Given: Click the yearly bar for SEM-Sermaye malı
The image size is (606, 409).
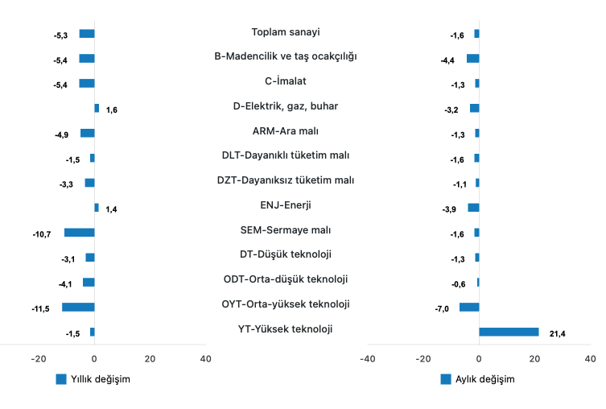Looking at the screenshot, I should click(80, 233).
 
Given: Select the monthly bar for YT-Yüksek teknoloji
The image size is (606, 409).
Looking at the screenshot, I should click(509, 332).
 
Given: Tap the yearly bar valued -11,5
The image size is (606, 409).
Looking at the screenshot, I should click(78, 307).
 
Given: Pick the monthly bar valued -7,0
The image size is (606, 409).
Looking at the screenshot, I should click(469, 307).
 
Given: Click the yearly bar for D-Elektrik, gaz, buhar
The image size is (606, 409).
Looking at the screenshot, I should click(97, 108).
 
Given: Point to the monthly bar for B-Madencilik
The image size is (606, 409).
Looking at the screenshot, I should click(472, 58).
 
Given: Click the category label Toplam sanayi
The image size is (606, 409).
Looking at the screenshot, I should click(286, 32).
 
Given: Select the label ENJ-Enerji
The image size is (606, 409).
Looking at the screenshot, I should click(286, 205).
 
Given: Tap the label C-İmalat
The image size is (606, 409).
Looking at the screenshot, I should click(286, 81).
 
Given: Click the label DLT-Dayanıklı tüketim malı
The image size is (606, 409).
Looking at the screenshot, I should click(286, 155).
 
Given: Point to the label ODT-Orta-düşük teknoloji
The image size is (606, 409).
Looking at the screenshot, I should click(286, 279).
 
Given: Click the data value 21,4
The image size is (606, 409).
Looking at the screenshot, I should click(558, 333).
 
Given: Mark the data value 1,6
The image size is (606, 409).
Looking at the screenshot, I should click(112, 109).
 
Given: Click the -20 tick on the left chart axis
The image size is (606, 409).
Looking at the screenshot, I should click(39, 358).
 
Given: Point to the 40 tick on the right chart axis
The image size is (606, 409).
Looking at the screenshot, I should click(590, 358).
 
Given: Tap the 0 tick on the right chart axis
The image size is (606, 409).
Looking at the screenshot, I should click(479, 358).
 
